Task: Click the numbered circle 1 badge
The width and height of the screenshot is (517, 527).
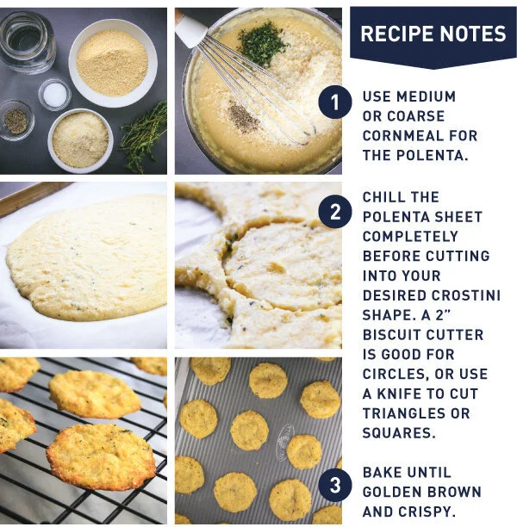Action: point(334,102)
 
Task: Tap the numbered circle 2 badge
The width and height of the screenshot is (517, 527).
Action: point(334,212)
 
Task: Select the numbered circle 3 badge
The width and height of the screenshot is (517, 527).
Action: point(334,485)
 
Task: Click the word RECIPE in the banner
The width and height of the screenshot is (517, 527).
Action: point(397,34)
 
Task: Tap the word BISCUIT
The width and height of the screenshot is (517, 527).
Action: point(388,335)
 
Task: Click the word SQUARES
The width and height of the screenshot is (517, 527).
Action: point(399,433)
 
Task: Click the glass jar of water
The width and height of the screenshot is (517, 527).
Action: point(27,42)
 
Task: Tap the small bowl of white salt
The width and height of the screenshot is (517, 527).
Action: point(54,95)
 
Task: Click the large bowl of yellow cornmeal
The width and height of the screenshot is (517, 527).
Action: point(113,63)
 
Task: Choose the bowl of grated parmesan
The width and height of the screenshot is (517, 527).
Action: point(80,139)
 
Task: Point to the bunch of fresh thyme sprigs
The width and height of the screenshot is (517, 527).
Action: point(144,136)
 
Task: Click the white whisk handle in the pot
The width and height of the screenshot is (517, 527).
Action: point(190,28)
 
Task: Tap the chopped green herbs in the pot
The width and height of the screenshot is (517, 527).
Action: point(261,43)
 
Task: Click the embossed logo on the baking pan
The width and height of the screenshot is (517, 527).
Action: point(284,438)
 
